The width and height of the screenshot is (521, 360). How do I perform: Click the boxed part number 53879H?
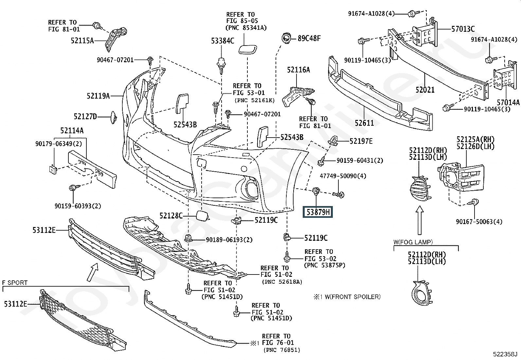pyautogui.click(x=318, y=212)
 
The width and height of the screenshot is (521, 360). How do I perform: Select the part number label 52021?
pyautogui.click(x=425, y=89)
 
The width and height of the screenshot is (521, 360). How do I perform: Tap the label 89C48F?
pyautogui.click(x=309, y=38)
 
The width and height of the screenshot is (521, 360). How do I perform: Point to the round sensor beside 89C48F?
pyautogui.click(x=287, y=38)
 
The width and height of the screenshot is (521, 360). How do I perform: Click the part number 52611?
pyautogui.click(x=364, y=123)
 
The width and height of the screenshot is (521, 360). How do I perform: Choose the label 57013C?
pyautogui.click(x=463, y=29)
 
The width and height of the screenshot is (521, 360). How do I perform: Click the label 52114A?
pyautogui.click(x=72, y=131)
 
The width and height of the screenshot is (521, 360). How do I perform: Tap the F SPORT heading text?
pyautogui.click(x=15, y=282)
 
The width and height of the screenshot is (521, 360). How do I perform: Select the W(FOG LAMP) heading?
pyautogui.click(x=413, y=242)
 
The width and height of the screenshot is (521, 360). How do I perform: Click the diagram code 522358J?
pyautogui.click(x=505, y=354)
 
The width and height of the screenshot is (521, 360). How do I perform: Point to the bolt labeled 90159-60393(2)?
pyautogui.click(x=73, y=188)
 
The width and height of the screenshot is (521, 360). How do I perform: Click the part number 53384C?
pyautogui.click(x=223, y=41)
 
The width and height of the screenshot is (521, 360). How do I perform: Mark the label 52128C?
pyautogui.click(x=171, y=216)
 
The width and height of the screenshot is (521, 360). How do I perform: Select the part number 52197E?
pyautogui.click(x=361, y=141)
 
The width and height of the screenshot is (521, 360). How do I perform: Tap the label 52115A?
pyautogui.click(x=82, y=41)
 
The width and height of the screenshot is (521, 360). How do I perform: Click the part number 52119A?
pyautogui.click(x=98, y=96)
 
